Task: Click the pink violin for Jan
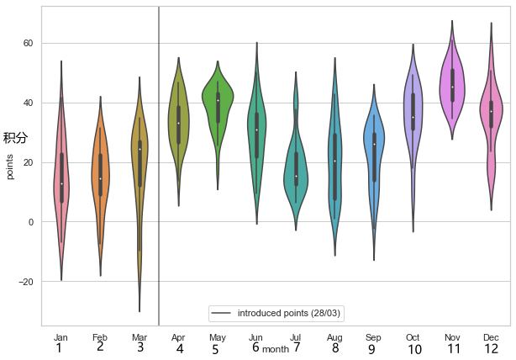(61, 168)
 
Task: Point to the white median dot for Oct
(413, 117)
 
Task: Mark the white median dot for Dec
(492, 111)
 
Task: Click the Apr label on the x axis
(178, 337)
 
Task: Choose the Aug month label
(335, 337)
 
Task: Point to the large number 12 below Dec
(492, 349)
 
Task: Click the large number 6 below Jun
(255, 347)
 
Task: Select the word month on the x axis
(275, 348)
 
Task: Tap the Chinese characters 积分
(15, 137)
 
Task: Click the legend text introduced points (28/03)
(290, 313)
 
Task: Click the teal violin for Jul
(296, 160)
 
